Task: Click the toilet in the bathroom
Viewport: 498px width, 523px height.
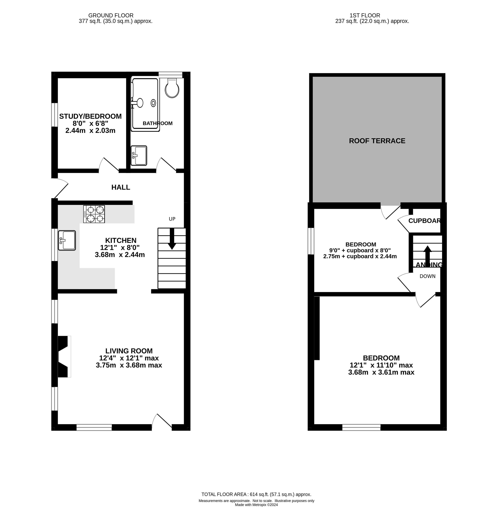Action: [x=172, y=88]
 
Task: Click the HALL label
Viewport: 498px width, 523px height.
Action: [x=121, y=187]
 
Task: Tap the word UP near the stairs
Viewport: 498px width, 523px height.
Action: [x=172, y=219]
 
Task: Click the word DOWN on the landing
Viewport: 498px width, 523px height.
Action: [x=427, y=276]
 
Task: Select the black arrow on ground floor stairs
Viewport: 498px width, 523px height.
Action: [x=172, y=239]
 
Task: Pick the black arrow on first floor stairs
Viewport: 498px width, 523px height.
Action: [x=427, y=256]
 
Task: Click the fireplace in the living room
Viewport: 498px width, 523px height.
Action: [x=64, y=356]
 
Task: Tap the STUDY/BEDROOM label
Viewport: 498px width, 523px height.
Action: [x=90, y=116]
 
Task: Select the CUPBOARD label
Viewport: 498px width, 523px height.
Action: [x=425, y=221]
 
